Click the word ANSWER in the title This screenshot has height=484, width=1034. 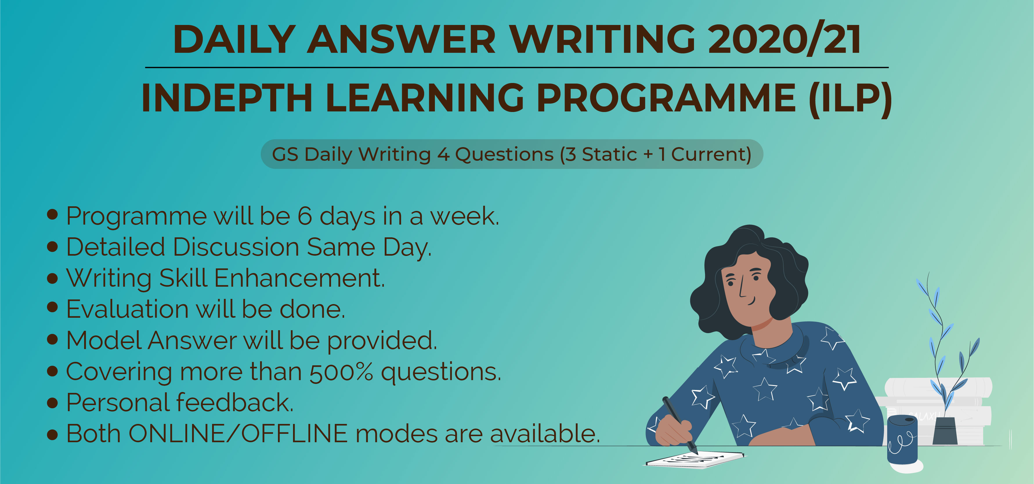402,39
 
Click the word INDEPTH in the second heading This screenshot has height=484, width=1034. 227,98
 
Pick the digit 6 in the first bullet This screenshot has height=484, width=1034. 305,216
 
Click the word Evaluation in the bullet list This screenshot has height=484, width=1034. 127,309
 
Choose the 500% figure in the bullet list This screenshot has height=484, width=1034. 341,372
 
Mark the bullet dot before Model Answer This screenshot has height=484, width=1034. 52,340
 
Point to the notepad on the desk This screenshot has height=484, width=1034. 695,460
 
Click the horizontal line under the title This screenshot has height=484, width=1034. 517,67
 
